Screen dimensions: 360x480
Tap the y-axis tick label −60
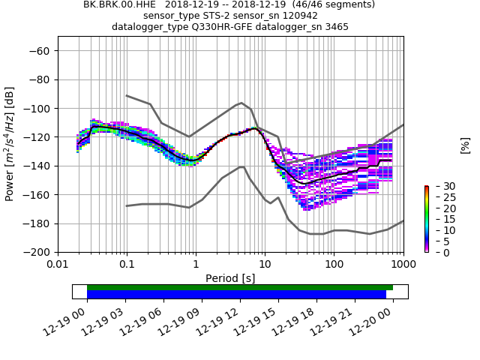(40, 51)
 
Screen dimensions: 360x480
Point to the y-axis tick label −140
(37, 166)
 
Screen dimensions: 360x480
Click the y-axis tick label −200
(37, 253)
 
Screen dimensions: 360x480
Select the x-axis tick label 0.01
(58, 265)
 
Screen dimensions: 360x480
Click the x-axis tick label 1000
(403, 265)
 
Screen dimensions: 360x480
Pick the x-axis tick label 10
(265, 265)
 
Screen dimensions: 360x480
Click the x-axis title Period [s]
(230, 278)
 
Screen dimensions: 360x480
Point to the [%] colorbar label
(466, 145)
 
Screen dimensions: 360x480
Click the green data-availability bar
(240, 287)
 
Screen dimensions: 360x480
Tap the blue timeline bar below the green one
(236, 295)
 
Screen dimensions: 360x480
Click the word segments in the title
(352, 4)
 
